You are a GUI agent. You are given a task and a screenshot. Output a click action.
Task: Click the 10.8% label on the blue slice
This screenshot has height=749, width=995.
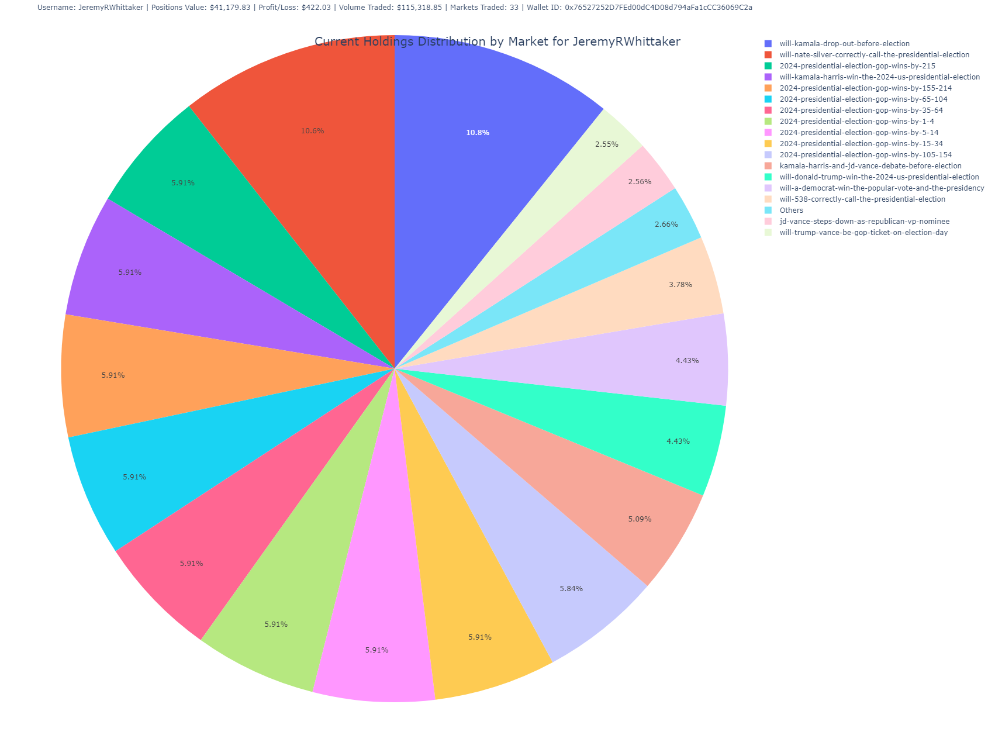(478, 133)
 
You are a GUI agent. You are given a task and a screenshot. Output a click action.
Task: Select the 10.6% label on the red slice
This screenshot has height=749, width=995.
(312, 131)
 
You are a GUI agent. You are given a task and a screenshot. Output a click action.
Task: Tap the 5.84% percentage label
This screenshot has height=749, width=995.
(571, 589)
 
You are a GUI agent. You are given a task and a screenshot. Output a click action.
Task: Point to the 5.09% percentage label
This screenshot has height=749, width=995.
(640, 519)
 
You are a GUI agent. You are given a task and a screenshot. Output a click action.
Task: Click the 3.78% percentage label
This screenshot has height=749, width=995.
(680, 285)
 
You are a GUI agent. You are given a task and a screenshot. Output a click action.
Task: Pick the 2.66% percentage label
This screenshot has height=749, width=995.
(666, 225)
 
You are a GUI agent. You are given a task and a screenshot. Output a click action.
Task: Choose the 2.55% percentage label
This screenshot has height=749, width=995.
(606, 144)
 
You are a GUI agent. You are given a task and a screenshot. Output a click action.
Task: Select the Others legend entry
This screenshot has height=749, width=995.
(791, 210)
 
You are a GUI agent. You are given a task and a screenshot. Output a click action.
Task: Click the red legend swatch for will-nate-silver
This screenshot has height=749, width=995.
(768, 55)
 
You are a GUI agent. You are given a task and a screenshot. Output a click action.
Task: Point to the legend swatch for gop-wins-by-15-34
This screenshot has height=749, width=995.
(768, 144)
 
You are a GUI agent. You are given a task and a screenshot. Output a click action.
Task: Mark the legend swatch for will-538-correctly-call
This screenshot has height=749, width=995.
(768, 199)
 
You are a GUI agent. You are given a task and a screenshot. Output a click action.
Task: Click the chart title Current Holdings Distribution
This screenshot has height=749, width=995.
(497, 42)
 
